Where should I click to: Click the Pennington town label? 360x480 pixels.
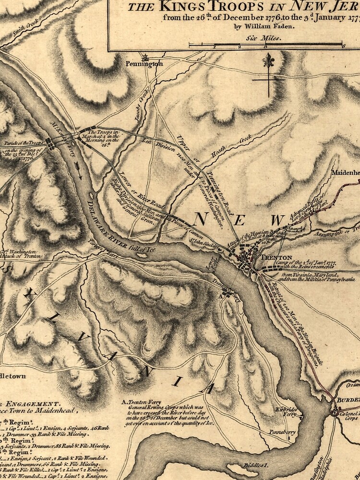click(x=144, y=63)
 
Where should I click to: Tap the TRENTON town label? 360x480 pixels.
click(x=276, y=257)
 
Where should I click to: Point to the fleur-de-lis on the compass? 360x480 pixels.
click(x=268, y=61)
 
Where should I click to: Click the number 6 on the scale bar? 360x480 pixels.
click(x=344, y=47)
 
